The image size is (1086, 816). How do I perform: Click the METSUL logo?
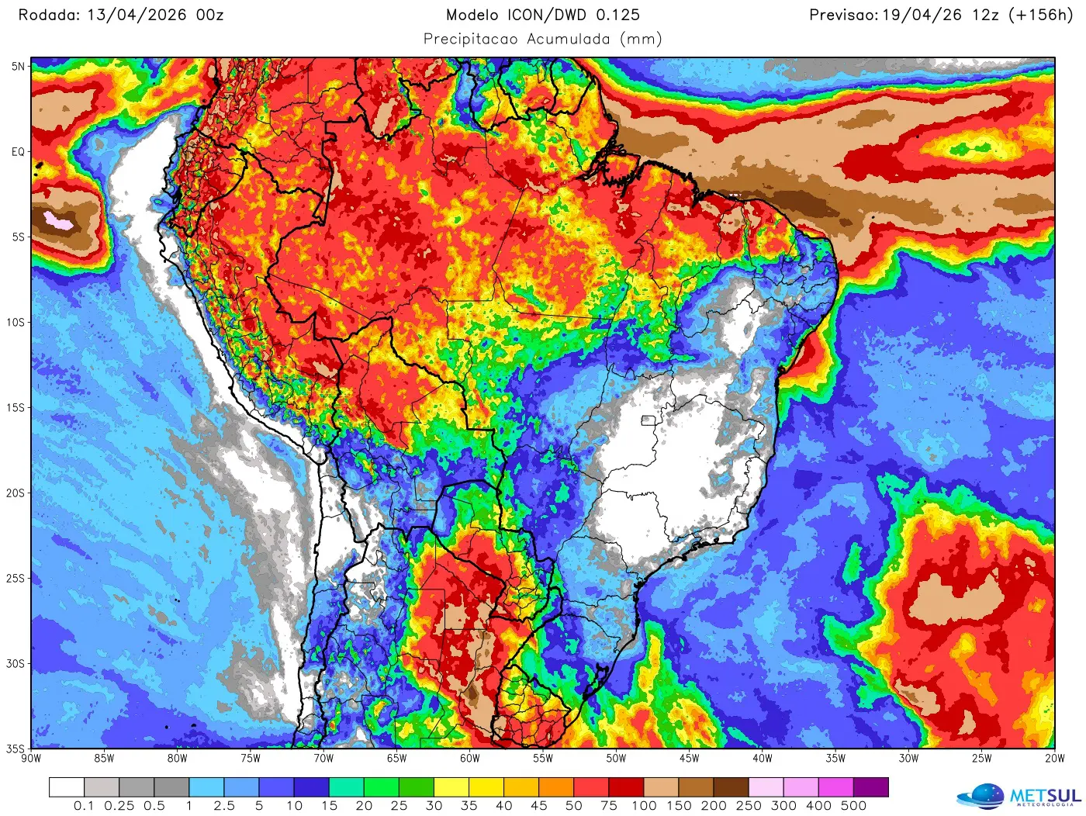coord(1019,796)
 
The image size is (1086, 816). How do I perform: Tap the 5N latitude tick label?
coord(18,67)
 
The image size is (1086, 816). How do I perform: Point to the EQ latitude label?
coord(18,152)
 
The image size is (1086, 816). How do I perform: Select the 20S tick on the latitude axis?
coord(16,493)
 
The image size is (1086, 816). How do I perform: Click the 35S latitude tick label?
coord(16,749)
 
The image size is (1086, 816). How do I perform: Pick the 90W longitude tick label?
coord(31,759)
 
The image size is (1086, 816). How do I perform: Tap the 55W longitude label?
coord(543,759)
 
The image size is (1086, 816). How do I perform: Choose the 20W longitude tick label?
coord(1054,759)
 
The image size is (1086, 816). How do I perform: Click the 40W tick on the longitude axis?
coord(762,759)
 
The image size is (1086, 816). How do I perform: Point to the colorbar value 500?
coord(853,806)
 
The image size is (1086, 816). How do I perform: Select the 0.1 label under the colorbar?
coord(84,806)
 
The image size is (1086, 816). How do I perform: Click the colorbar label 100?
coord(644,806)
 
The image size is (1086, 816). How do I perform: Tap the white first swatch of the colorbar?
coord(67,787)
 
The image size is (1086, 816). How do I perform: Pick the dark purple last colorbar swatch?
coord(870,787)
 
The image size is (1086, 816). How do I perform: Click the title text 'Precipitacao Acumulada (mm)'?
coord(542,39)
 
